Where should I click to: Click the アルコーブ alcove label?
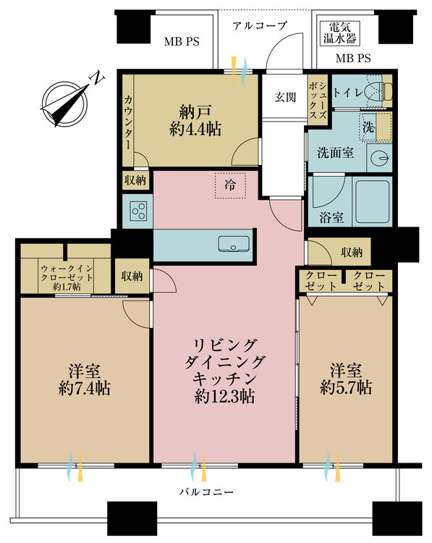(261, 25)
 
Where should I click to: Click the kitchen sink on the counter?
(233, 244)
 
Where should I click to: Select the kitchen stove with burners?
(138, 211)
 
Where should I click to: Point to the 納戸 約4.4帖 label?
(190, 121)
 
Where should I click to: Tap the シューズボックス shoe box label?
(319, 102)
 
